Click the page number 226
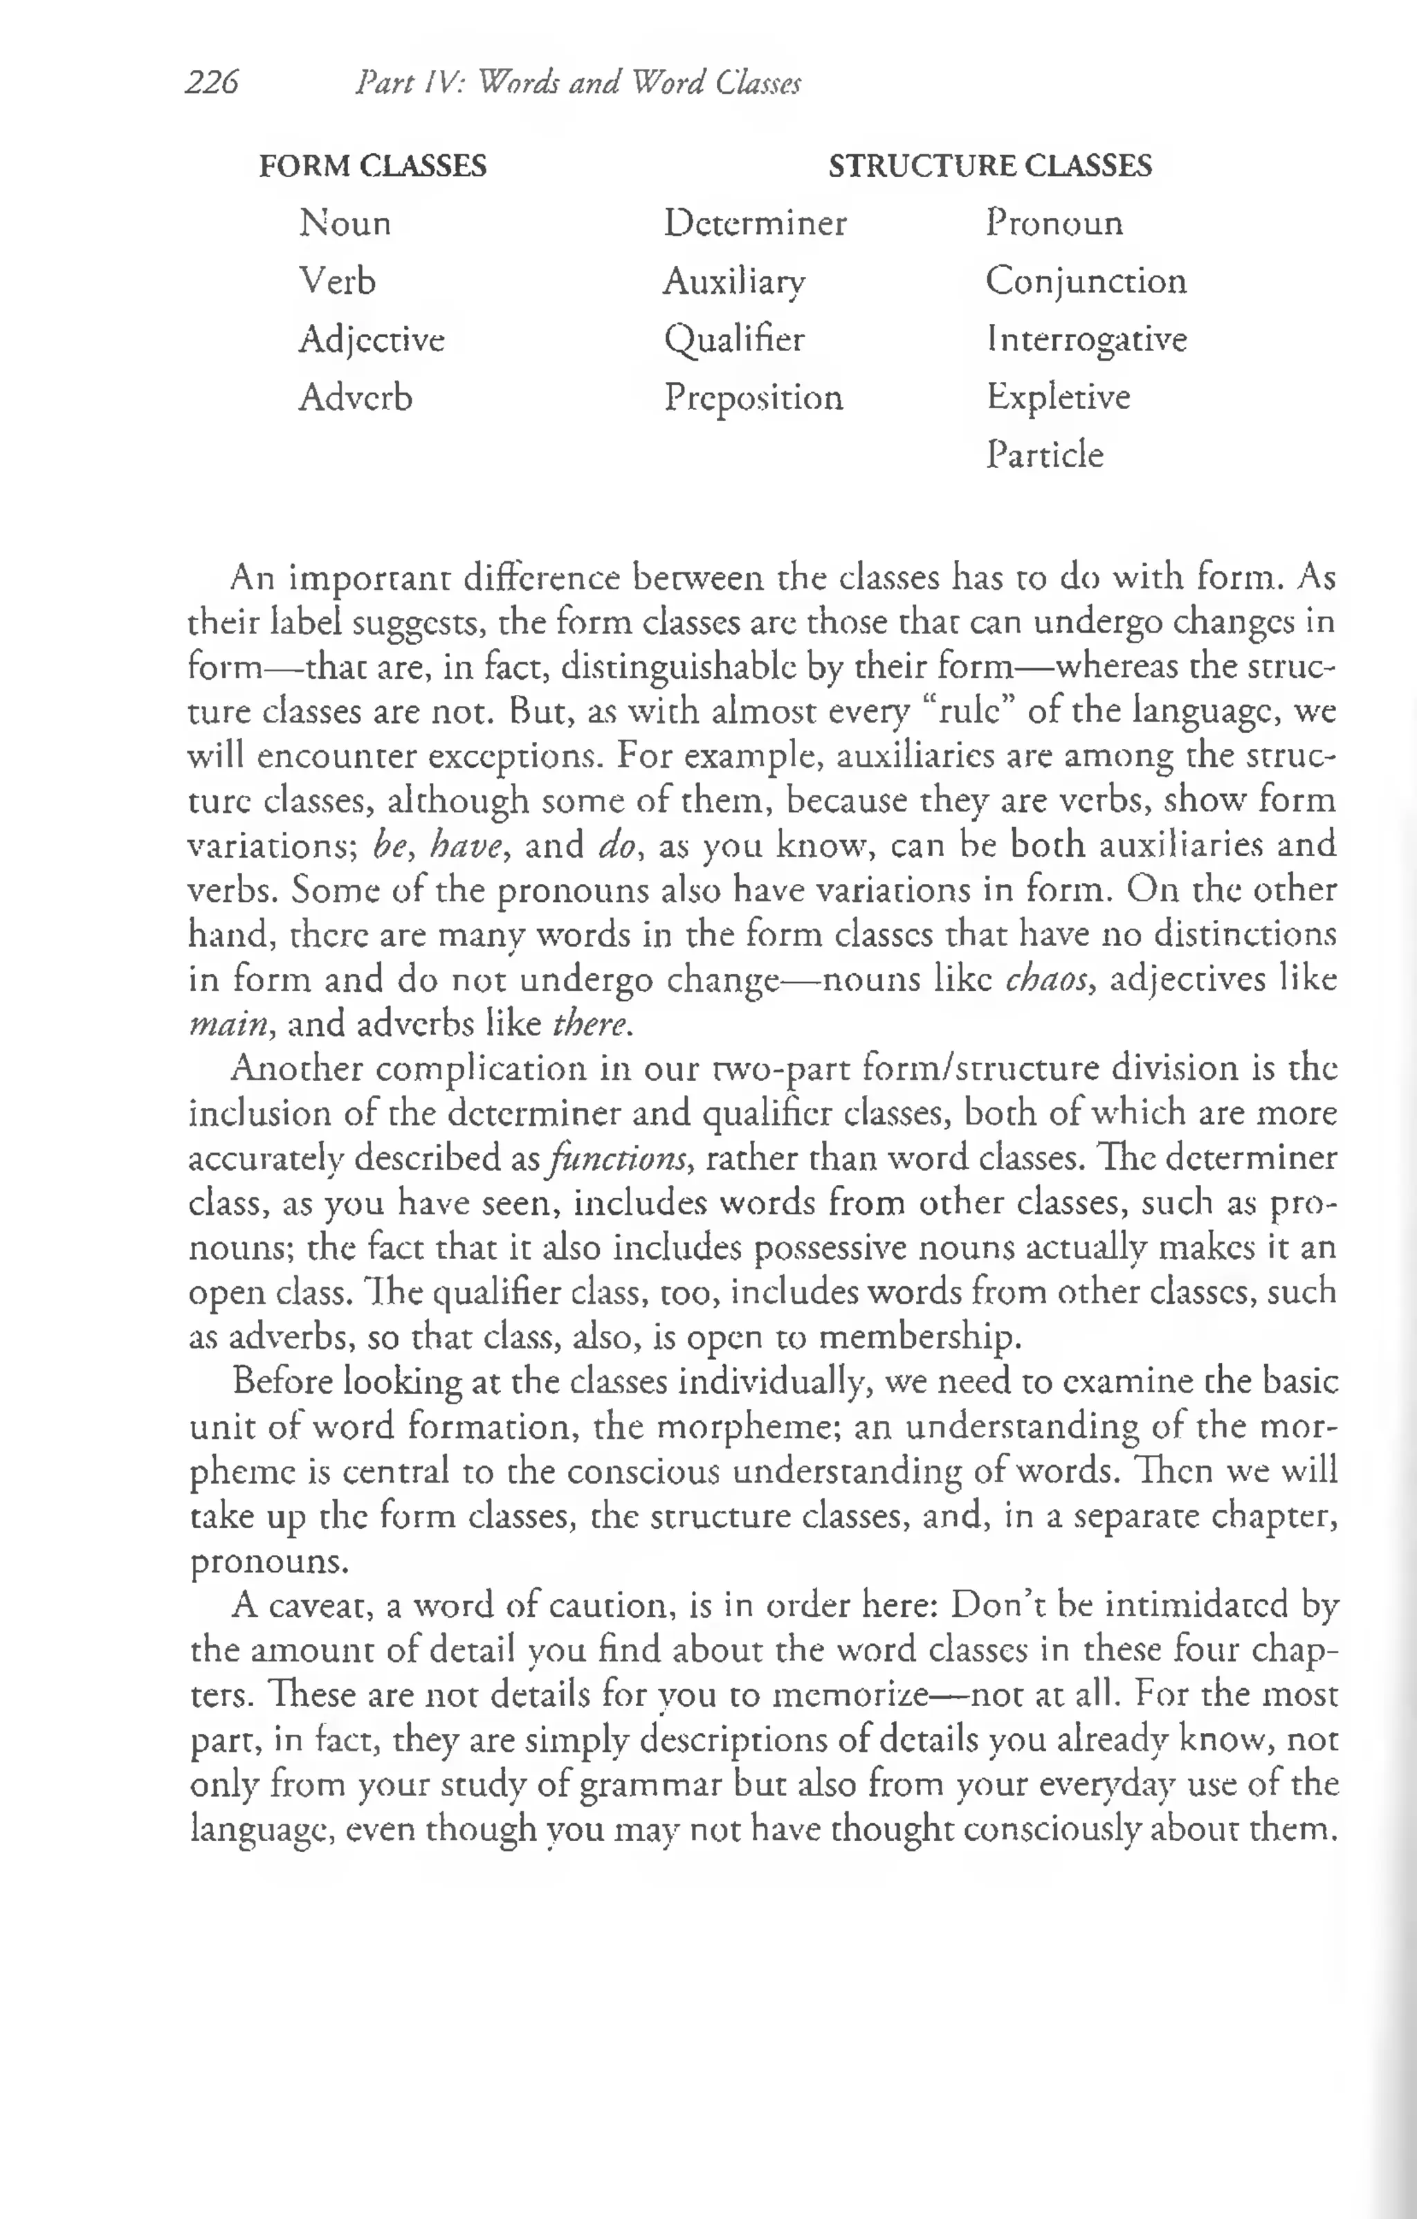(x=212, y=84)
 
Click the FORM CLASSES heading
(x=372, y=166)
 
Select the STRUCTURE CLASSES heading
(x=989, y=166)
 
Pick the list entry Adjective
(x=372, y=340)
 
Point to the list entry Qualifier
(x=734, y=340)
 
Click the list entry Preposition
(x=753, y=398)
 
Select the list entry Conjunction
(x=1086, y=282)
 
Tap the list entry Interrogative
(x=1086, y=340)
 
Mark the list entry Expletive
(x=1058, y=397)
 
